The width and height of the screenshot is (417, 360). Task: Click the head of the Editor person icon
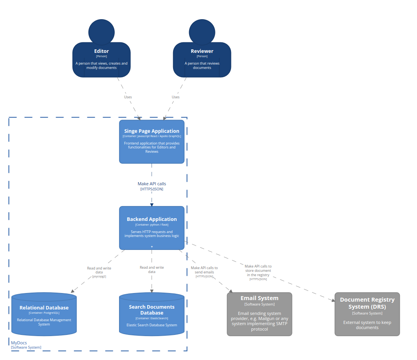[101, 32]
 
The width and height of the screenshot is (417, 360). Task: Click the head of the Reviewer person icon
[202, 32]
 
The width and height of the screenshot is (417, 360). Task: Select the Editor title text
[101, 51]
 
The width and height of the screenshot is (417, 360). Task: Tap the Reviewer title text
[202, 51]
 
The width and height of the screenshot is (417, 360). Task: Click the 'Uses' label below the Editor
[128, 97]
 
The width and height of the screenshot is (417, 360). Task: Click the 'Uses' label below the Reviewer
[175, 97]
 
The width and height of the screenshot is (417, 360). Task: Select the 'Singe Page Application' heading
[152, 131]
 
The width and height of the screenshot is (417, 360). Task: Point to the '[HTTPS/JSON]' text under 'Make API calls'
[152, 189]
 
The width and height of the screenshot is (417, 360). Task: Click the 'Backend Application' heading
[152, 219]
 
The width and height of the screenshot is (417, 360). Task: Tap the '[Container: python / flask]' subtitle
[152, 225]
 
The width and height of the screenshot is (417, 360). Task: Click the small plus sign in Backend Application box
[152, 247]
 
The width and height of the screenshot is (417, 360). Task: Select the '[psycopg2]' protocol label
[99, 277]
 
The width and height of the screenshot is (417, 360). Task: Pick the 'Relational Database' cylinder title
[44, 308]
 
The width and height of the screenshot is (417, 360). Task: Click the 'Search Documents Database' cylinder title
[152, 310]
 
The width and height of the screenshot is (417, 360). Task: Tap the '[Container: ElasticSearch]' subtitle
[152, 318]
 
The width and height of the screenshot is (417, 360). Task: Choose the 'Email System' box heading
[259, 298]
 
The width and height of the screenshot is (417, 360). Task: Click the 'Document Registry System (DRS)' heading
[367, 303]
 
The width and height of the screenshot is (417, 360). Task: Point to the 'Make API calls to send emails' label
[204, 270]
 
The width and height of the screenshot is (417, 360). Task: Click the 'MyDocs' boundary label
[19, 343]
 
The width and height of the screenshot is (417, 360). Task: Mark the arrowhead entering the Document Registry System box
[333, 300]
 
